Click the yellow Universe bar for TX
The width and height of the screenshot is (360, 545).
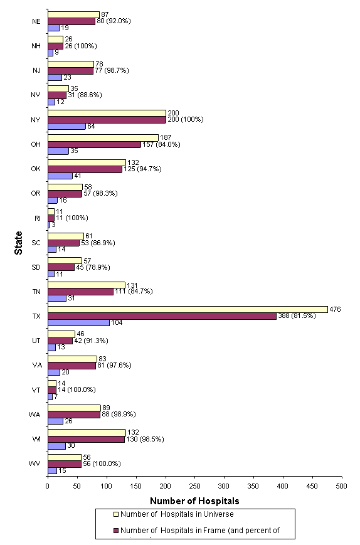point(188,309)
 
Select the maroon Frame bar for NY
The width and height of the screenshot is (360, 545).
point(107,119)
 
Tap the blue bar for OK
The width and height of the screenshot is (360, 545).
point(60,176)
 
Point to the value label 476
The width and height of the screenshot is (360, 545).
point(336,309)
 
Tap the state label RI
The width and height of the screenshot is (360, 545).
point(38,217)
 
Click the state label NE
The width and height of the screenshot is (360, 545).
point(37,21)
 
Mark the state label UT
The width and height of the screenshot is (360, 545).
point(37,340)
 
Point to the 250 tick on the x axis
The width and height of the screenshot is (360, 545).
point(194,485)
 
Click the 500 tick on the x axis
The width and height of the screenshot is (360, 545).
point(342,485)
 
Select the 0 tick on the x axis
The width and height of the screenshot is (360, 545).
point(48,485)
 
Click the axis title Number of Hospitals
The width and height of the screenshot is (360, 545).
point(194,500)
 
